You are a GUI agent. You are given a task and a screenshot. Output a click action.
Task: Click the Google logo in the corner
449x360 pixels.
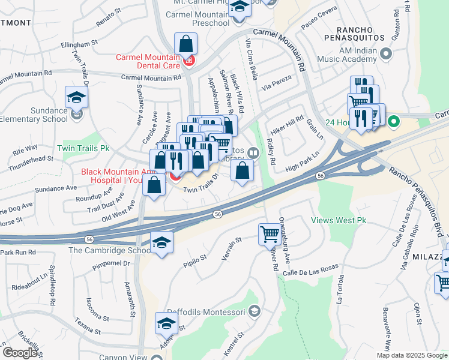(19, 353)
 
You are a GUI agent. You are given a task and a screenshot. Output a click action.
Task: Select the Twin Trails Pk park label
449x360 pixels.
(83, 148)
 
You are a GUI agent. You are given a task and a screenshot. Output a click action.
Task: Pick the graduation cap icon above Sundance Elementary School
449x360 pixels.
(77, 97)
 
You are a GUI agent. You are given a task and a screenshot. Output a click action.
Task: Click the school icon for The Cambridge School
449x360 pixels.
(161, 242)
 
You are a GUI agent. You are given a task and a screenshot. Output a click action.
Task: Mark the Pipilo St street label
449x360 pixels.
(195, 259)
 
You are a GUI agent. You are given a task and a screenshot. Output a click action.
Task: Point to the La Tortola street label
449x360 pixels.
(342, 289)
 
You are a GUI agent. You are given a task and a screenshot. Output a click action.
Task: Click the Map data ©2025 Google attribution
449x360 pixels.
(412, 355)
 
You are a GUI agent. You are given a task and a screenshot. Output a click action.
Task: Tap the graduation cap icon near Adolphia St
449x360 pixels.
(166, 323)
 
